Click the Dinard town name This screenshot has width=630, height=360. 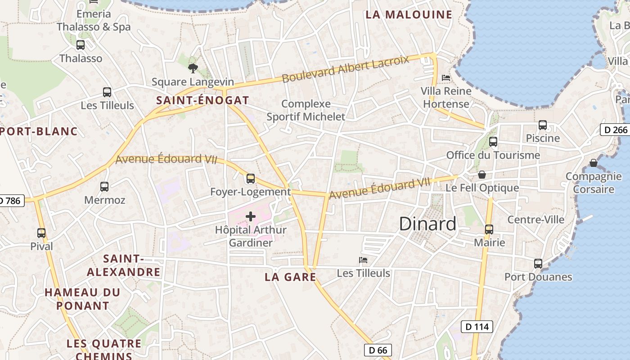pyautogui.click(x=427, y=224)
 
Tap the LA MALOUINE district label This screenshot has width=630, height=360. pyautogui.click(x=409, y=14)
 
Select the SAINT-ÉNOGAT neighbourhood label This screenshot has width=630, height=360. pyautogui.click(x=202, y=100)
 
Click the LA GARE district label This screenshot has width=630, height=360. pyautogui.click(x=290, y=277)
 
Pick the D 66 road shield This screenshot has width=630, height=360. pyautogui.click(x=378, y=350)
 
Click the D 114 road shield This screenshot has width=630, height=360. pyautogui.click(x=477, y=327)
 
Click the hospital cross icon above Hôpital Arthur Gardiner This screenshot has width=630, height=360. pyautogui.click(x=251, y=216)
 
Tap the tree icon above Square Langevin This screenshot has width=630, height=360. pyautogui.click(x=193, y=68)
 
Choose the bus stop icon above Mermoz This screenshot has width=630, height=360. pyautogui.click(x=104, y=186)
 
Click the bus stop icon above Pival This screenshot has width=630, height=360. pyautogui.click(x=41, y=233)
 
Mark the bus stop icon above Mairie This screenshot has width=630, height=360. pyautogui.click(x=489, y=229)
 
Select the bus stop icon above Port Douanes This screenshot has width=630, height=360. pyautogui.click(x=538, y=264)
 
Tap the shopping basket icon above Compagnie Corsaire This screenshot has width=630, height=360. pyautogui.click(x=594, y=162)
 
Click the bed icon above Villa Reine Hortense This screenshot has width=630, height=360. pyautogui.click(x=446, y=78)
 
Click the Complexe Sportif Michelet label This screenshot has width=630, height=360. pyautogui.click(x=306, y=110)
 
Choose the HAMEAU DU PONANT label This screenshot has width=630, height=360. pyautogui.click(x=82, y=299)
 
